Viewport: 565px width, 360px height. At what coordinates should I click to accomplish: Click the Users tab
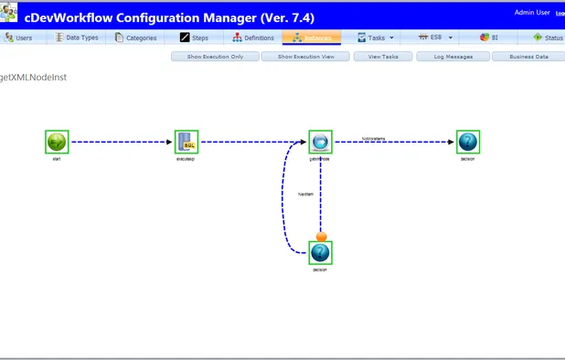19,37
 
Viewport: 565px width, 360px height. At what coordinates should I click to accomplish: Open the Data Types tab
77,37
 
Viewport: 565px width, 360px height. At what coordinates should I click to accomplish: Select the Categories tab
136,37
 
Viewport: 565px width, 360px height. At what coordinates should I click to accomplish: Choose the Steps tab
195,37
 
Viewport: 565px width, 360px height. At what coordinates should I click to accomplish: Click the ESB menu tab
435,37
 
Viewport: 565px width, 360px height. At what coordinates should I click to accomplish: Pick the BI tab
490,37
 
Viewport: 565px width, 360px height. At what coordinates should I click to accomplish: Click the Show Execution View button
304,57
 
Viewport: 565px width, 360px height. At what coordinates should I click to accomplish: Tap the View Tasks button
382,57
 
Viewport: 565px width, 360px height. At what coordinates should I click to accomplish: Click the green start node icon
57,142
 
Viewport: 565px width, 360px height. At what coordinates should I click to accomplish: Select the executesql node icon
187,142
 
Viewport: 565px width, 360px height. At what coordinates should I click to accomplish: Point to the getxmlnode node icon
319,142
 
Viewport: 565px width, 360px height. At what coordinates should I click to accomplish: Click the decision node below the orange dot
319,253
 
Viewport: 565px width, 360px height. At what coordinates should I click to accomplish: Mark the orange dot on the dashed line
321,237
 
